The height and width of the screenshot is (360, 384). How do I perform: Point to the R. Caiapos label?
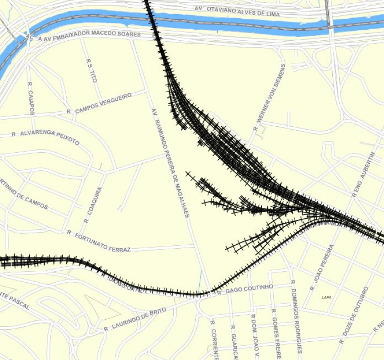click(x=31, y=98)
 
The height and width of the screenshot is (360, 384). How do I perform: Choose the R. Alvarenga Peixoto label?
click(x=46, y=137)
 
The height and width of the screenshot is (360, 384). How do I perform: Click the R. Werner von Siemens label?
click(x=270, y=97)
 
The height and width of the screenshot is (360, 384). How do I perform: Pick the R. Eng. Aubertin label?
click(x=363, y=175)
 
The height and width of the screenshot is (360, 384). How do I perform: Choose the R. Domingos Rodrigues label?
click(x=296, y=316)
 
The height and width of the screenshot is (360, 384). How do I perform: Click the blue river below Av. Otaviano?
click(x=240, y=21)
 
